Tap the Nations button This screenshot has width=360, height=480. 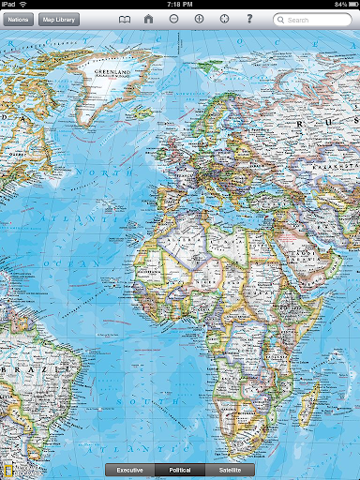(18, 19)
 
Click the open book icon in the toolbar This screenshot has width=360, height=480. (125, 19)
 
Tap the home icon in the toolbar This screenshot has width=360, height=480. (149, 19)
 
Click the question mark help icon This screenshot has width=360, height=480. (249, 19)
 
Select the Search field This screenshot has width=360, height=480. (313, 19)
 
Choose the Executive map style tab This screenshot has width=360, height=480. (130, 469)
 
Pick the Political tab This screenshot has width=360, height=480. (180, 469)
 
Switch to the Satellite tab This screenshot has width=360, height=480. (231, 469)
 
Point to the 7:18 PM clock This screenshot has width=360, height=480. (179, 5)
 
